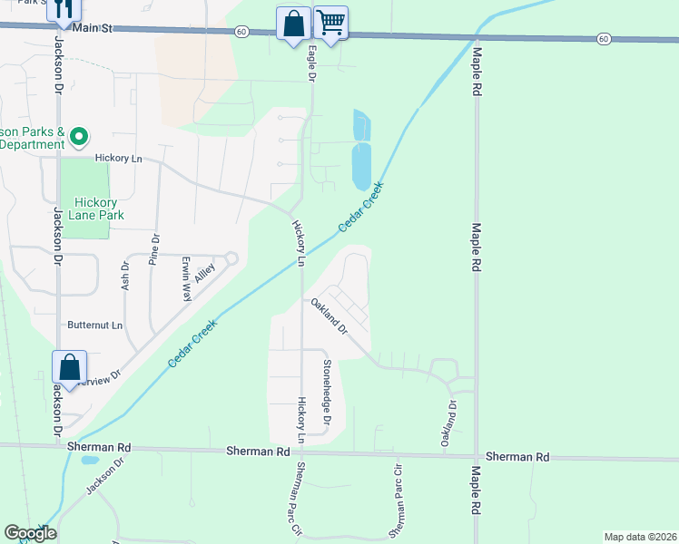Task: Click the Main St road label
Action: [x=93, y=29]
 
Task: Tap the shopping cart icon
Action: [x=331, y=23]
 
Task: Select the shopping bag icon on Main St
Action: [x=294, y=24]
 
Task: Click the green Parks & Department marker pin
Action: [x=79, y=137]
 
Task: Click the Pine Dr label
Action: [x=154, y=249]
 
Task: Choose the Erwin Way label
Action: [x=186, y=278]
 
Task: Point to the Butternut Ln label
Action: [x=94, y=325]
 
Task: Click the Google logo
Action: [x=30, y=533]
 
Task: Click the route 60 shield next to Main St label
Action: [x=240, y=31]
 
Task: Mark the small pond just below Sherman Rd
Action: [x=89, y=460]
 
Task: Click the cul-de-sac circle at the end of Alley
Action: [x=231, y=258]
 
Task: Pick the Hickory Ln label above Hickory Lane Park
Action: [x=113, y=158]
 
